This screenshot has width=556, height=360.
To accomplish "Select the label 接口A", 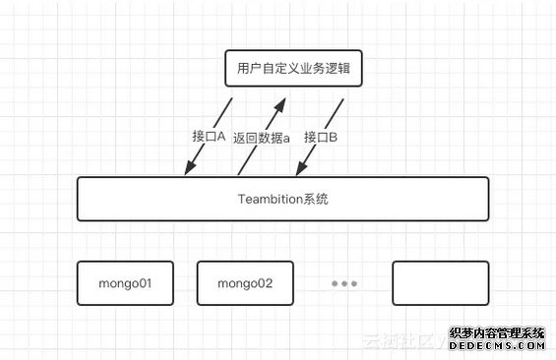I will (x=209, y=137).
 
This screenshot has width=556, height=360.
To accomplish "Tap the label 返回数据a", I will (x=262, y=138).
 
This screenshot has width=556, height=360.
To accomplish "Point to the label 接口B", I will (x=321, y=137).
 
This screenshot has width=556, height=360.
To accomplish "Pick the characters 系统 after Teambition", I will (x=315, y=199).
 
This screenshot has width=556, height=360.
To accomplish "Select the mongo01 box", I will (x=125, y=283).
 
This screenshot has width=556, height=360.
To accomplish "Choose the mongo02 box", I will (x=245, y=283).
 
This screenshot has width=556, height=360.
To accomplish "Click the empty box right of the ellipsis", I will (x=440, y=283).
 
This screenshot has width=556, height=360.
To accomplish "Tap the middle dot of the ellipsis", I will (x=344, y=283).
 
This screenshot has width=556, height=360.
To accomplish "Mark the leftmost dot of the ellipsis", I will (x=335, y=283).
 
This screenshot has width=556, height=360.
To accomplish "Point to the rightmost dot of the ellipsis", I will (x=354, y=283).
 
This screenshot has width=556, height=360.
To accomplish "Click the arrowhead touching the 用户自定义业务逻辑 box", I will (x=280, y=102).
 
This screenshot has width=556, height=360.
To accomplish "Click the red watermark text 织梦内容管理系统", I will (x=497, y=332).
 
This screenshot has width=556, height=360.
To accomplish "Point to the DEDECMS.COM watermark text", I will (x=497, y=345).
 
